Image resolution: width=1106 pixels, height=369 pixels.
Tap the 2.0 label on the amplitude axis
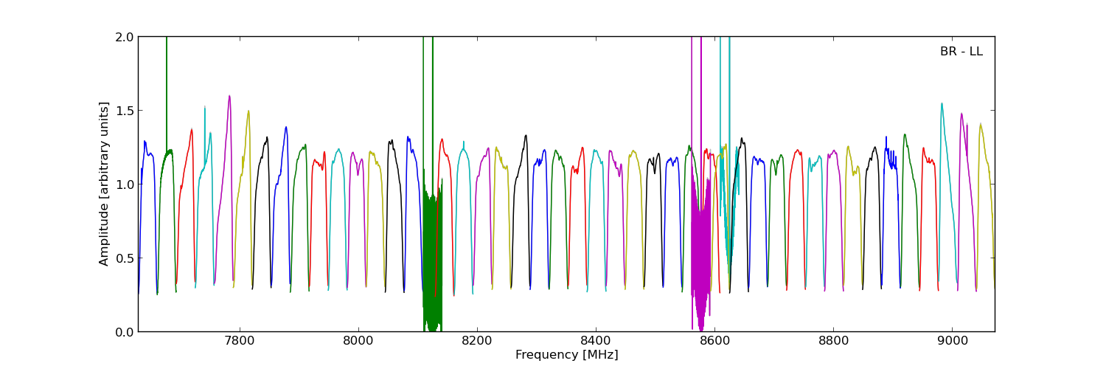coord(125,37)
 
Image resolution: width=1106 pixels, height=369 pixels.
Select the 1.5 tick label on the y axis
coord(125,111)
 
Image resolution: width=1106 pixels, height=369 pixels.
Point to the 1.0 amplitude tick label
coord(125,184)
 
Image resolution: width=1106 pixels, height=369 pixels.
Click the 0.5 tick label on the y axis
coord(125,258)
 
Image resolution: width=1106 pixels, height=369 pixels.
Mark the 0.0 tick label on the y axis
coord(125,332)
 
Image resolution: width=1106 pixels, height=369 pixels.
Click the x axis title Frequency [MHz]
coord(566,355)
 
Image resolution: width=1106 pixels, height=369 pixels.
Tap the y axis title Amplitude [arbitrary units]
coord(105,184)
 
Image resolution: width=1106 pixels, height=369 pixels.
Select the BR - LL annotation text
coord(961,52)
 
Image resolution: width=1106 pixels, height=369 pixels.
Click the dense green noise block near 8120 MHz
coord(432,258)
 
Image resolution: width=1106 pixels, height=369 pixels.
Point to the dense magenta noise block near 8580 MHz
coord(701,251)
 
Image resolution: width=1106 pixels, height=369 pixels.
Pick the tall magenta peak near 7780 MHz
coord(229,97)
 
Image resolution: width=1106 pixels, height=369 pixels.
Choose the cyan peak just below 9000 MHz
coord(942,105)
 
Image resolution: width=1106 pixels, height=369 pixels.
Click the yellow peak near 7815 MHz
coord(248,111)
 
